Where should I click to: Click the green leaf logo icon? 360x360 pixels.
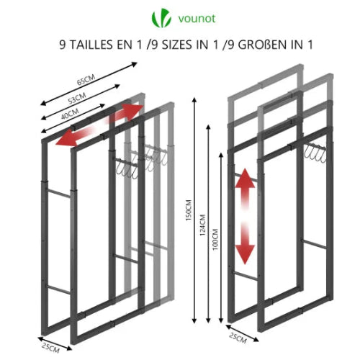pyautogui.click(x=158, y=17)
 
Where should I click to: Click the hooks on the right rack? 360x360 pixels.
pyautogui.click(x=313, y=152)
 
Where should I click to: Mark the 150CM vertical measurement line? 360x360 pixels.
pyautogui.click(x=194, y=216)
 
